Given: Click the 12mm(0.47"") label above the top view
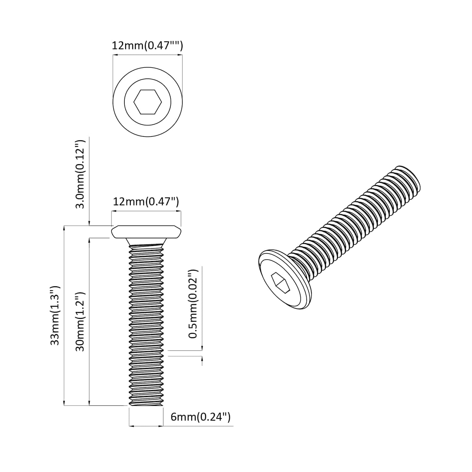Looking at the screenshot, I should (147, 46).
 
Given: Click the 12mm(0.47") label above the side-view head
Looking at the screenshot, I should (146, 202).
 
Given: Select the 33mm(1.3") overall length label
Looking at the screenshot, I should (55, 315).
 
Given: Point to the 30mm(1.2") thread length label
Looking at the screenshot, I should (80, 322).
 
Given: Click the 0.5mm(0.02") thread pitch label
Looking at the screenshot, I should (194, 304).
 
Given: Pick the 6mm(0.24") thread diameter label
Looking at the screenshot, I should (201, 417).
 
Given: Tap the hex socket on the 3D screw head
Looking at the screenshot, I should (281, 283).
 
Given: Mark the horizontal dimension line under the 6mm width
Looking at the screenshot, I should (146, 426).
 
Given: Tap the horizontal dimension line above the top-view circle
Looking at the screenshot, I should (147, 55).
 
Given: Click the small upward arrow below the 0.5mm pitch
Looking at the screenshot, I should (202, 361).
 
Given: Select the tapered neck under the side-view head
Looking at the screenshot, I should (146, 242).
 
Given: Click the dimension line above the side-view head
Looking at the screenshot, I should (146, 212).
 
